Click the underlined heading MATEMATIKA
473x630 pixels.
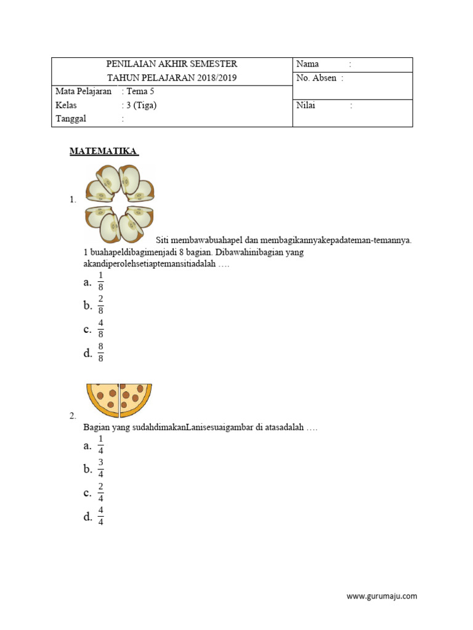(x=103, y=151)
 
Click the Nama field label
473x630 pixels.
(x=307, y=64)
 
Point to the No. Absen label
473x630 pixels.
(x=316, y=78)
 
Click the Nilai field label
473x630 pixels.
(x=305, y=105)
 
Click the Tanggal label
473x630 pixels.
(x=71, y=119)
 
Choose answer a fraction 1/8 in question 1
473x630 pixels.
(x=100, y=282)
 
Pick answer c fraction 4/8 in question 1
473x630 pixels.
(x=100, y=329)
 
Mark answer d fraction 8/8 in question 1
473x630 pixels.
(x=100, y=353)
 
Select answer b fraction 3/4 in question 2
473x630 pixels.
(x=100, y=469)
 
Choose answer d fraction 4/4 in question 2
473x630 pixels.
(x=100, y=517)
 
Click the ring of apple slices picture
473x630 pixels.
(x=119, y=203)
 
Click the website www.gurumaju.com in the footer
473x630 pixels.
(x=382, y=596)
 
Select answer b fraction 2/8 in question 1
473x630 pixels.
(x=100, y=305)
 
